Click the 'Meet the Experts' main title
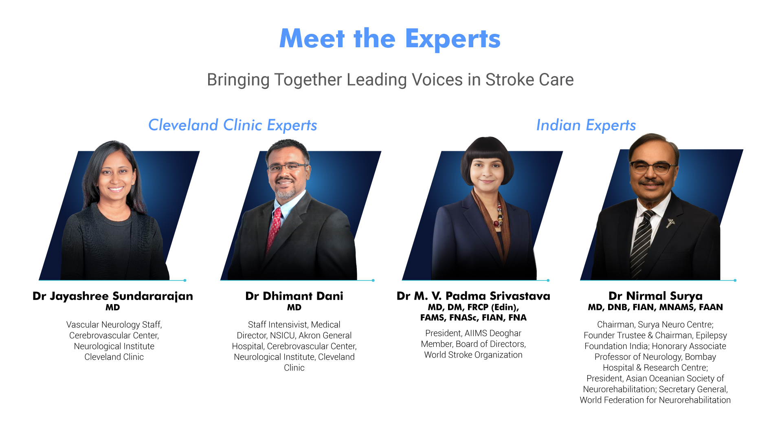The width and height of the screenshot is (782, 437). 390,39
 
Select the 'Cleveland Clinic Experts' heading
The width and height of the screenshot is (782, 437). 233,125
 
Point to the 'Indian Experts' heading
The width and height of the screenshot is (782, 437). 586,125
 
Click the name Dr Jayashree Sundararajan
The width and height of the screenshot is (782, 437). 113,296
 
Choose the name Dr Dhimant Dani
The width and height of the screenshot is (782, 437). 294,296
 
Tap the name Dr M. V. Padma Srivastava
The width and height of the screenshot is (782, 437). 473,296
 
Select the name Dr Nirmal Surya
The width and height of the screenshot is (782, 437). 655,296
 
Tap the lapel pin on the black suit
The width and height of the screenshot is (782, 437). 670,223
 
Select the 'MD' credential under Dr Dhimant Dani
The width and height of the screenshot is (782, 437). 294,307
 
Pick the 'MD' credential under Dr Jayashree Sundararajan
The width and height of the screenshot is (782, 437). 113,307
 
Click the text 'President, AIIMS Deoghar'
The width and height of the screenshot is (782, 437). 473,333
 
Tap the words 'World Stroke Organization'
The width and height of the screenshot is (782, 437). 473,355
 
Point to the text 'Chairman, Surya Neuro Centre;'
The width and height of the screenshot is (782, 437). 655,325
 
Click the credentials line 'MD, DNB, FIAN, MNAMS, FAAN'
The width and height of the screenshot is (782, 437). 655,307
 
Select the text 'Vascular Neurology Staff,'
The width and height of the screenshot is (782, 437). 114,325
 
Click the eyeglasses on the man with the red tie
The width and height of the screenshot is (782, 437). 286,167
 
